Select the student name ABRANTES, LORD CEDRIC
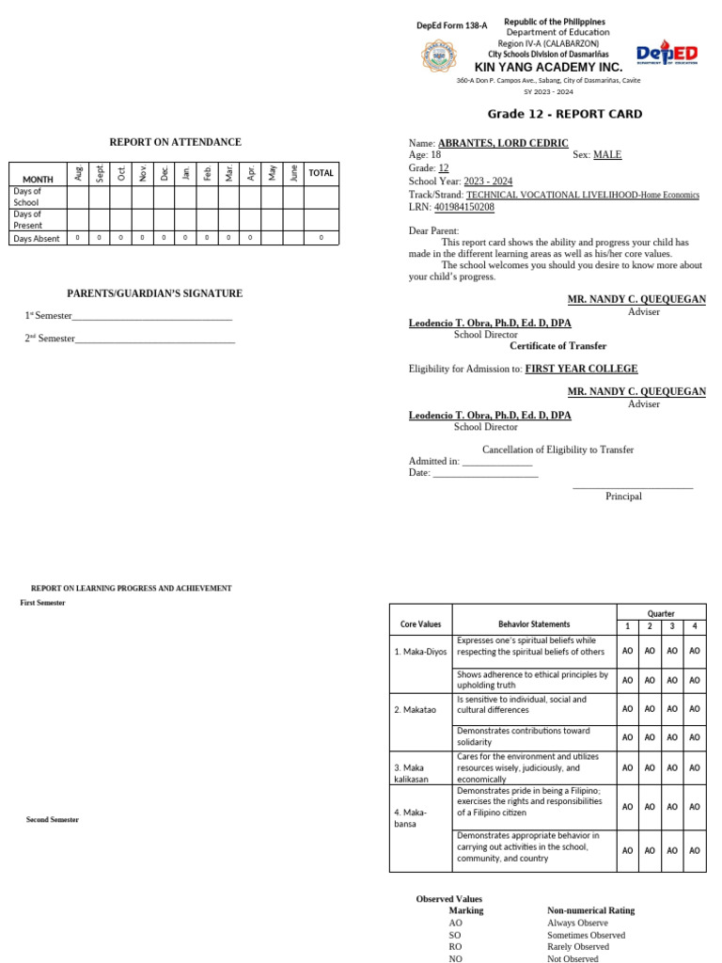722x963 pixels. point(503,143)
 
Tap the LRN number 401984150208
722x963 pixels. point(463,207)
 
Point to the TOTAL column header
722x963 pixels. point(322,173)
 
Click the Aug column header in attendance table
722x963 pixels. point(78,172)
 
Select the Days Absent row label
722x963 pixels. point(37,239)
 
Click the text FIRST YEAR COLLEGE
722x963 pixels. point(581,369)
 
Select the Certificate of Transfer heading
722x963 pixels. point(558,346)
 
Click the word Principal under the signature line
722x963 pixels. point(623,497)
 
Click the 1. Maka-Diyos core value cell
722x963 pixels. point(420,651)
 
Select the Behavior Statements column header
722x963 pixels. point(534,624)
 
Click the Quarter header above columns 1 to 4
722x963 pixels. point(661,613)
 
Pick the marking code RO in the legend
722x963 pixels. point(456,947)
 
